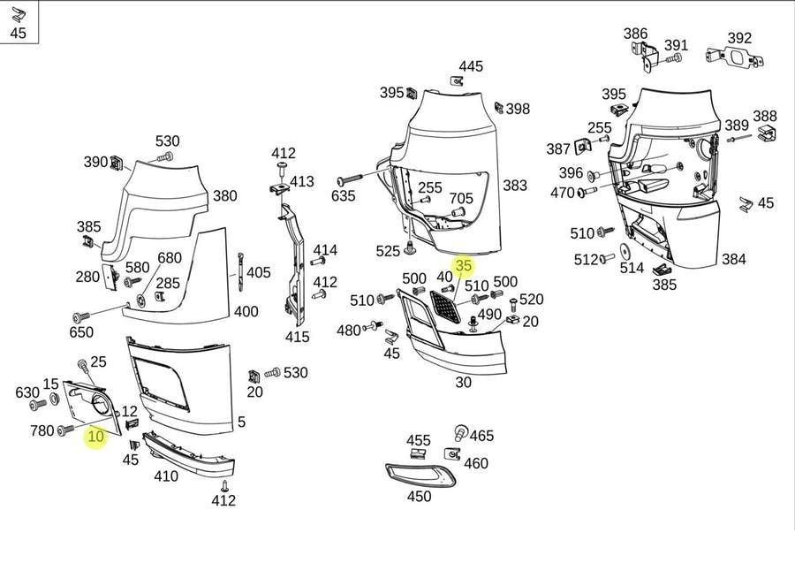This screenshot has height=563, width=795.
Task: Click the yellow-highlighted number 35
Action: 464,265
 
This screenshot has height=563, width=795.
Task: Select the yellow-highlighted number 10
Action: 95,437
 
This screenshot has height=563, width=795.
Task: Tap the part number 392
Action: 739,38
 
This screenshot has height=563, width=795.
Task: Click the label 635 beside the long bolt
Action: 344,196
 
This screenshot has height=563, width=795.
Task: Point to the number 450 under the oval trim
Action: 420,496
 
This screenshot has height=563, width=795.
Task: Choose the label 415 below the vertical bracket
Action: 297,336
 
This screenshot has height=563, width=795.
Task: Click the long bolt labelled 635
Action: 350,179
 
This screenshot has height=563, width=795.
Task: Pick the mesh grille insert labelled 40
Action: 445,307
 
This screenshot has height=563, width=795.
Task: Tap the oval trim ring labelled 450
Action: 420,476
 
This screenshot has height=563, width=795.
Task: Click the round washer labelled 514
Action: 625,250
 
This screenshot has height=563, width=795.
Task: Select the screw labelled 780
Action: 66,430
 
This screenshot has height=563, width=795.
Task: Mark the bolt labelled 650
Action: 81,317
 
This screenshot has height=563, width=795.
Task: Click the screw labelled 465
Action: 461,432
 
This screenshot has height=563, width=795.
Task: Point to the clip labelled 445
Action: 457,80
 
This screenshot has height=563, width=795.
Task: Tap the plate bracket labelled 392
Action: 735,57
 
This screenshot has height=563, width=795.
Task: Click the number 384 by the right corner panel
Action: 734,259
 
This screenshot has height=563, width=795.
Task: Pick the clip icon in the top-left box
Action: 18,15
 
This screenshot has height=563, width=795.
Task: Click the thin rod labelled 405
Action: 239,272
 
